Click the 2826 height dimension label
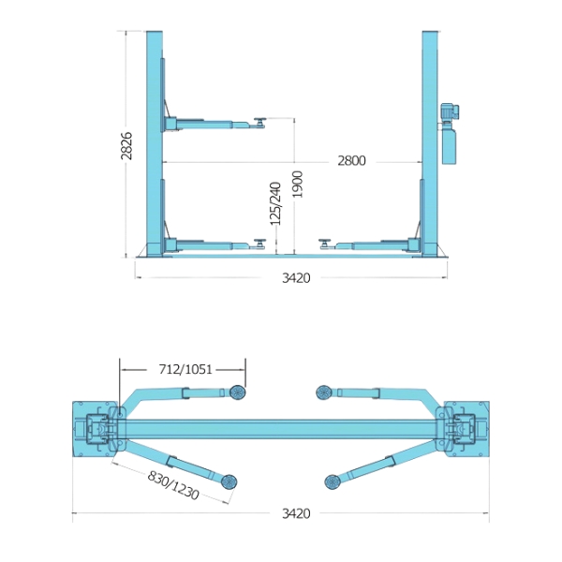126,146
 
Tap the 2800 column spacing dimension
351,161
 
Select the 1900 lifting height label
297,185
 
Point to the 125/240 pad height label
275,204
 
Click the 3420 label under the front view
296,278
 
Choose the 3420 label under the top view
296,513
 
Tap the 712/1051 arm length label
185,369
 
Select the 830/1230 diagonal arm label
173,485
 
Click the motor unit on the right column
450,111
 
